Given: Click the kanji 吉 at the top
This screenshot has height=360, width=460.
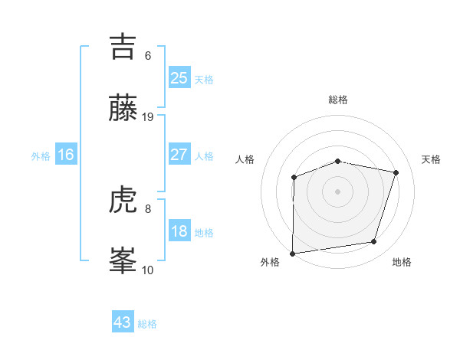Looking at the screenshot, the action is click(x=125, y=48).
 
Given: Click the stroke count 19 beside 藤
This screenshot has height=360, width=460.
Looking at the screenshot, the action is click(x=148, y=117).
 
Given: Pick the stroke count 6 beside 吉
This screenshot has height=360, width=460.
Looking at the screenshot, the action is click(x=148, y=56).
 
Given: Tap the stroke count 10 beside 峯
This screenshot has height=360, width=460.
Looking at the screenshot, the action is click(x=148, y=270).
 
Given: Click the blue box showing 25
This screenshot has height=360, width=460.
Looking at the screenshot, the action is click(x=179, y=78).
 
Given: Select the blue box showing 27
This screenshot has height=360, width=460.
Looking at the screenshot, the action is click(x=179, y=155).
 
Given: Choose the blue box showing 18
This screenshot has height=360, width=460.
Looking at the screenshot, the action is click(x=179, y=231).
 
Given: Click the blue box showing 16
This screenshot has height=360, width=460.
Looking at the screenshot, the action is click(x=66, y=155).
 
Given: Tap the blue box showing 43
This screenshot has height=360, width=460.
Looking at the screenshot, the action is click(x=123, y=322).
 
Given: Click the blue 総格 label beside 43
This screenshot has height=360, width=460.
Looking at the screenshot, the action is click(x=148, y=324).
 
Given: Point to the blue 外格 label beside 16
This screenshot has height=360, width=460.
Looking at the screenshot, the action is click(x=41, y=156).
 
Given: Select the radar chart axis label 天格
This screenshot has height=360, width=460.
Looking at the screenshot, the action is click(x=432, y=159).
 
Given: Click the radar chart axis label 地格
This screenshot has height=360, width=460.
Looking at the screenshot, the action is click(x=402, y=262).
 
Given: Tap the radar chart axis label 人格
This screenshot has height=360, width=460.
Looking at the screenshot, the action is click(x=245, y=159).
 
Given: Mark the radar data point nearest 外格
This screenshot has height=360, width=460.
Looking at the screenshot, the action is click(x=293, y=253).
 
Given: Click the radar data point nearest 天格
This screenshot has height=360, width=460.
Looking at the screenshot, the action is click(x=396, y=172).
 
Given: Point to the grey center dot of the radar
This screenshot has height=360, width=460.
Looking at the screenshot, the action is click(x=338, y=191).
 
